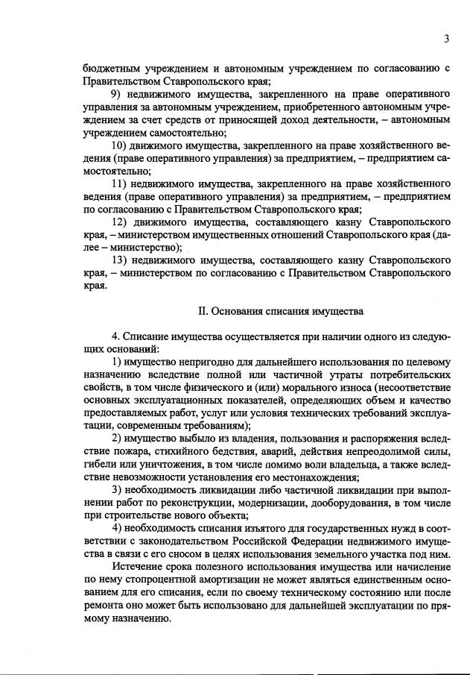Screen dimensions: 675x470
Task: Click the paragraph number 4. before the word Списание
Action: (x=115, y=336)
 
